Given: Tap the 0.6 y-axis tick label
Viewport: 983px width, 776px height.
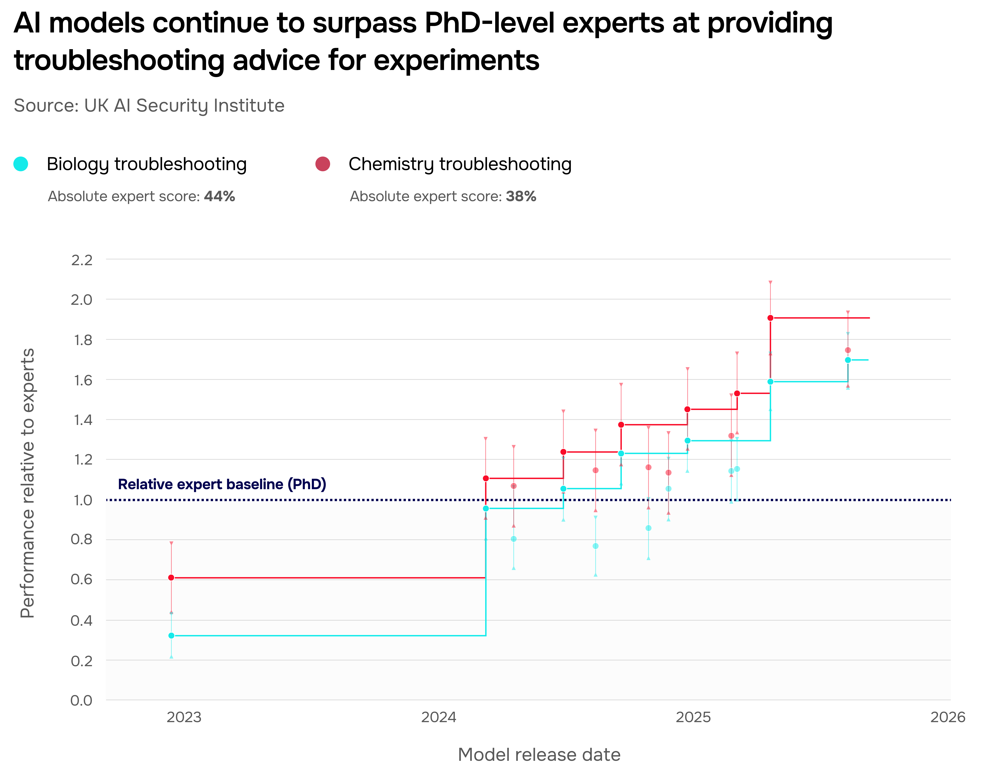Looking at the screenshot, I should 82,580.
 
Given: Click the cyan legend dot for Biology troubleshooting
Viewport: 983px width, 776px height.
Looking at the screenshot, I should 21,164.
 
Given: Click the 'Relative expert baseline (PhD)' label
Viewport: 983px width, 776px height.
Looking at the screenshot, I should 222,484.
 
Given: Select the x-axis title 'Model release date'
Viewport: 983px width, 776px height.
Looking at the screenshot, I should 539,755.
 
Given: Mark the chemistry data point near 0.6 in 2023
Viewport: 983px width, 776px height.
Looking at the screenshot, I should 171,577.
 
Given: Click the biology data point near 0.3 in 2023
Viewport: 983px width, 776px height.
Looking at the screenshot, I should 171,636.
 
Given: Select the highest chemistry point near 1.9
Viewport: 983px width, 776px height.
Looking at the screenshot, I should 771,318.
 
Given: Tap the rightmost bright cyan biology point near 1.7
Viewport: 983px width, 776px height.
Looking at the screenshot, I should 848,360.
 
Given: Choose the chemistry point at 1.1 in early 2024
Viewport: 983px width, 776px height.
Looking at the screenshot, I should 486,478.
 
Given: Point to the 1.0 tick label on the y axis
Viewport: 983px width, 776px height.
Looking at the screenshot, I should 82,500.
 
